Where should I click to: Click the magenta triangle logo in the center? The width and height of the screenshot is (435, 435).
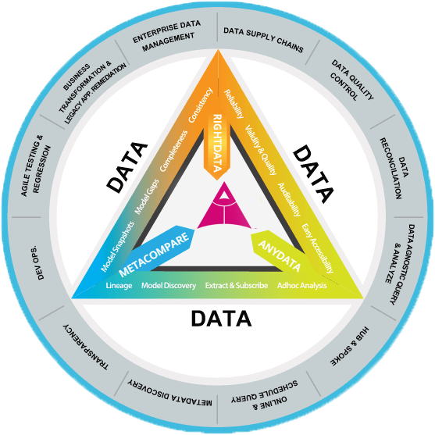click(x=224, y=206)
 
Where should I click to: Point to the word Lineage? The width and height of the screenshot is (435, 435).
click(x=119, y=286)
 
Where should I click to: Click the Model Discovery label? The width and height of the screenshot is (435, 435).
click(x=169, y=286)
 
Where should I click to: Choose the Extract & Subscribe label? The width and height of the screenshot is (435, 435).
click(x=237, y=286)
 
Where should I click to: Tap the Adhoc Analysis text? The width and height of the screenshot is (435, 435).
click(x=301, y=286)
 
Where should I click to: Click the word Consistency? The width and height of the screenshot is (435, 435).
click(x=200, y=105)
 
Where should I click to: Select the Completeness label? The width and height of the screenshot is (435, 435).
click(x=173, y=151)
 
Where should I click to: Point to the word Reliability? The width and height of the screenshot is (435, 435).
click(x=234, y=104)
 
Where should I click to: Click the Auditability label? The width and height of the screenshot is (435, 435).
click(x=289, y=199)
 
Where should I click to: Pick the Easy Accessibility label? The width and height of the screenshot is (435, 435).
click(x=317, y=248)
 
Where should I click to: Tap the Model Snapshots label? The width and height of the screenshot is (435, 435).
click(x=117, y=246)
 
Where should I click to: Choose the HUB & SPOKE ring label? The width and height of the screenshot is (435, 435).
click(x=350, y=346)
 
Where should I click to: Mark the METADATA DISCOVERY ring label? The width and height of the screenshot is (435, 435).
click(x=169, y=393)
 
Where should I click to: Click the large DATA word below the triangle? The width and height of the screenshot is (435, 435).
click(x=221, y=319)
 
